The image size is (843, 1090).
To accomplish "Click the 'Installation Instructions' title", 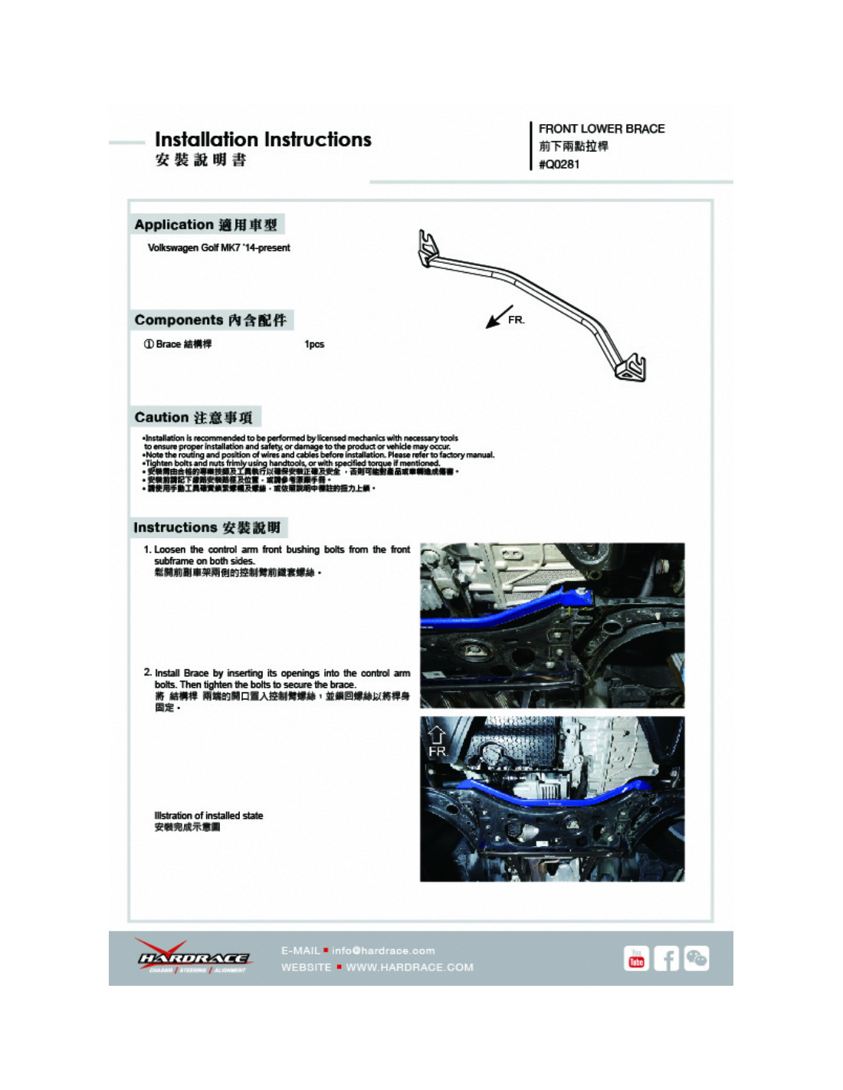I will pyautogui.click(x=263, y=140).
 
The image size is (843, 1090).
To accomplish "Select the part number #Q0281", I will pyautogui.click(x=559, y=165).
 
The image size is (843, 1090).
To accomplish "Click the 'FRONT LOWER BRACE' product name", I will pyautogui.click(x=601, y=129).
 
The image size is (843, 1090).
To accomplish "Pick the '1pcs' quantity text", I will pyautogui.click(x=314, y=344).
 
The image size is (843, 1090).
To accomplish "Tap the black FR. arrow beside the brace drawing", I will pyautogui.click(x=499, y=316).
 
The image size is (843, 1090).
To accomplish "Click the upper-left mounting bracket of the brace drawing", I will pyautogui.click(x=429, y=248).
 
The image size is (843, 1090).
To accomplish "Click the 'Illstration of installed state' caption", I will pyautogui.click(x=208, y=816).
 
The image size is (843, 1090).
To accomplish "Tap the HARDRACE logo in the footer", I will pyautogui.click(x=193, y=957).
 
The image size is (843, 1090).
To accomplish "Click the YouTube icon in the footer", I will pyautogui.click(x=636, y=959).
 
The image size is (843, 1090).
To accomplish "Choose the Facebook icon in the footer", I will pyautogui.click(x=666, y=959).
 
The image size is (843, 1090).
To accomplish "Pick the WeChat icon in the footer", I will pyautogui.click(x=696, y=958).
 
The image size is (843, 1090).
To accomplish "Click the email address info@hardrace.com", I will pyautogui.click(x=382, y=950).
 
